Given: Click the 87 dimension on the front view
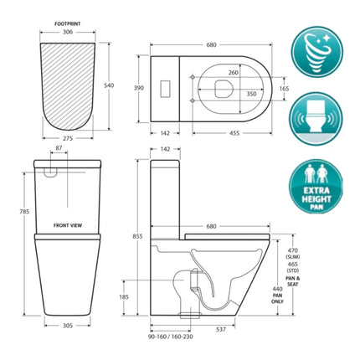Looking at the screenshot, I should [57, 148].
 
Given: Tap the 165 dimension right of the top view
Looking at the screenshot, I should [284, 86].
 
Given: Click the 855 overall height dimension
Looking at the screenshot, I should [138, 236].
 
